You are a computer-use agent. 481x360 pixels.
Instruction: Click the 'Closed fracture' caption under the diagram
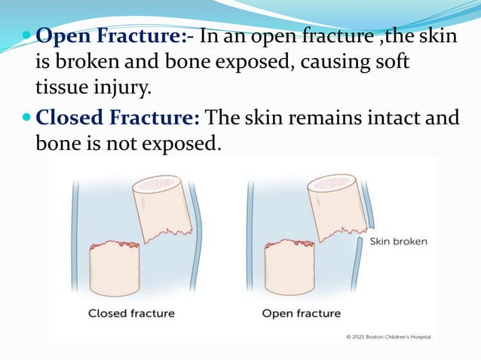click(x=131, y=313)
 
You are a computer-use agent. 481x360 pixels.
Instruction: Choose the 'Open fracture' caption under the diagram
click(x=302, y=313)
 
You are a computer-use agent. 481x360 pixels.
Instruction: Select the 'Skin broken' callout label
click(x=399, y=242)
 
